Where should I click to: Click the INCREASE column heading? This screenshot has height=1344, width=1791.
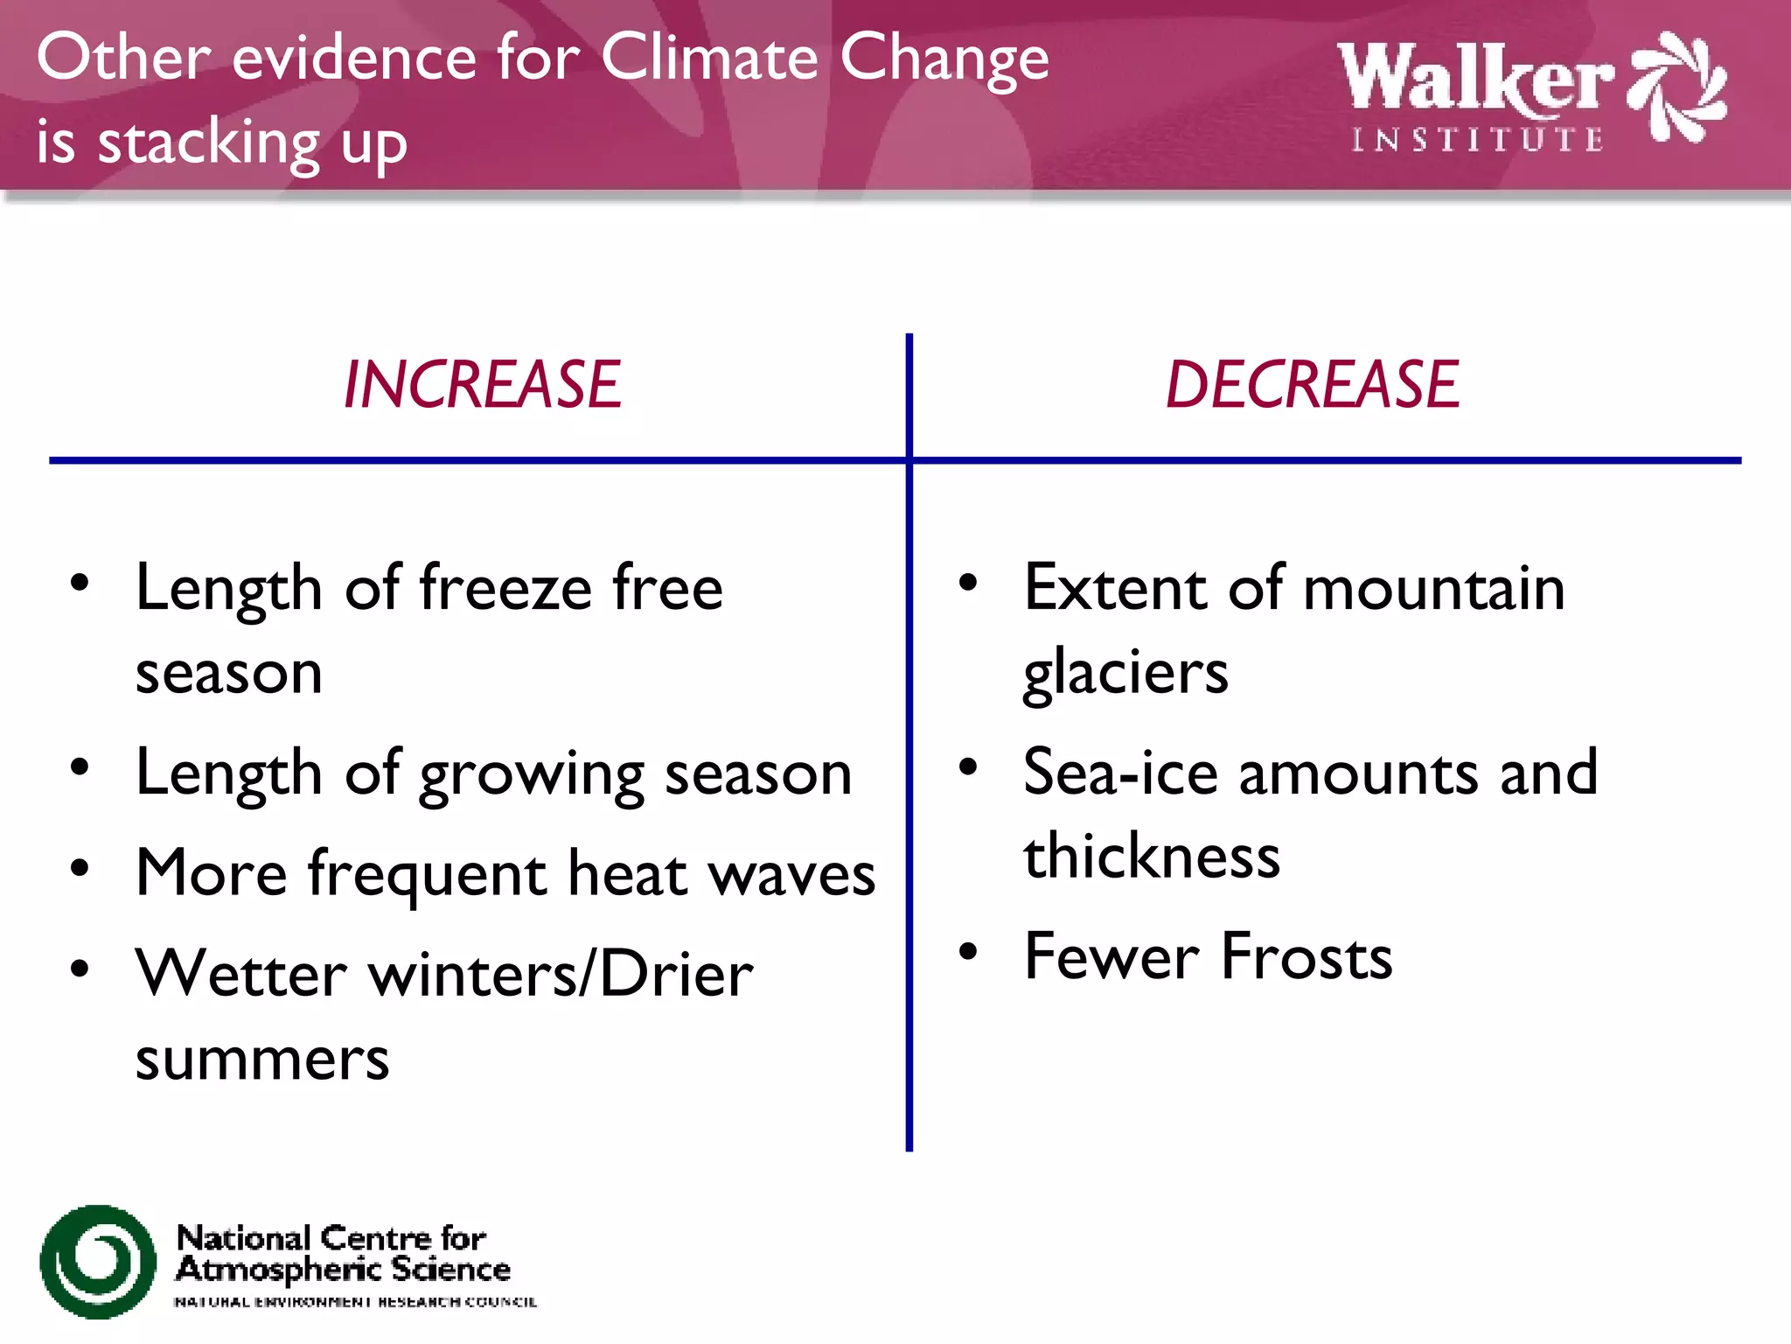[482, 385]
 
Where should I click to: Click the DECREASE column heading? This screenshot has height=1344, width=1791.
[1313, 385]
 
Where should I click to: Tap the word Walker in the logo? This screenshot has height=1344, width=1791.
[1475, 78]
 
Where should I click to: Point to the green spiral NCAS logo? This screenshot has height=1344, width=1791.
[98, 1261]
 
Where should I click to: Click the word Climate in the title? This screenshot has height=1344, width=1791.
[709, 58]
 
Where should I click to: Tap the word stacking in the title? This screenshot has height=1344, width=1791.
[209, 143]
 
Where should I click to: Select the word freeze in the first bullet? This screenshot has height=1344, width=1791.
[506, 588]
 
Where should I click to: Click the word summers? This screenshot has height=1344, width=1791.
[262, 1060]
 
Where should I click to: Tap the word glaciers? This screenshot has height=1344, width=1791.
[1126, 674]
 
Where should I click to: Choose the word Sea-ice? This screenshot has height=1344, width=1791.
[1120, 773]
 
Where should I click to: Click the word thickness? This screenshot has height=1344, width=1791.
[1152, 856]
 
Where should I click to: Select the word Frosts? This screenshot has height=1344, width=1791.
[1307, 956]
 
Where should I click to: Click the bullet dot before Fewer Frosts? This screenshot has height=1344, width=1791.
[968, 951]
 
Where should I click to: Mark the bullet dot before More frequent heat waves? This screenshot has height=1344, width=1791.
[80, 869]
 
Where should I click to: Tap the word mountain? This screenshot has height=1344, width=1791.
[1434, 588]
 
